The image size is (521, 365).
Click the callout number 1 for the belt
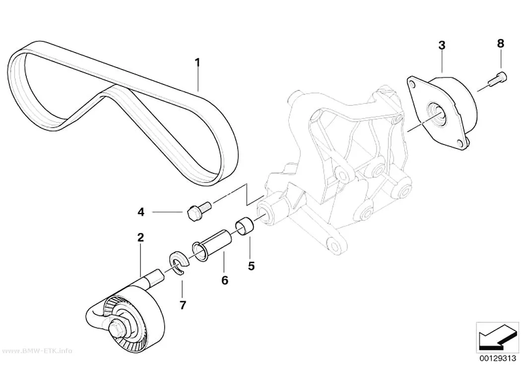[x=197, y=62]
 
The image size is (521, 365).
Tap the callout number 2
[x=140, y=237]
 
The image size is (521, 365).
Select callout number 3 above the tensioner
[x=442, y=45]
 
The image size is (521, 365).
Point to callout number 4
[x=141, y=212]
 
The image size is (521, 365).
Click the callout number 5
[x=251, y=266]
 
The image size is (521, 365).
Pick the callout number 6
[x=225, y=280]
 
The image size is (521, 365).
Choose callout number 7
[x=183, y=305]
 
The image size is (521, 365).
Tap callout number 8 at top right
[x=500, y=44]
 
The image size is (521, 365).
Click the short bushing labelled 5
[x=245, y=225]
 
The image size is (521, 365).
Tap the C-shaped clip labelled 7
[x=179, y=263]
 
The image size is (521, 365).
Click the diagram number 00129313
[x=497, y=359]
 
